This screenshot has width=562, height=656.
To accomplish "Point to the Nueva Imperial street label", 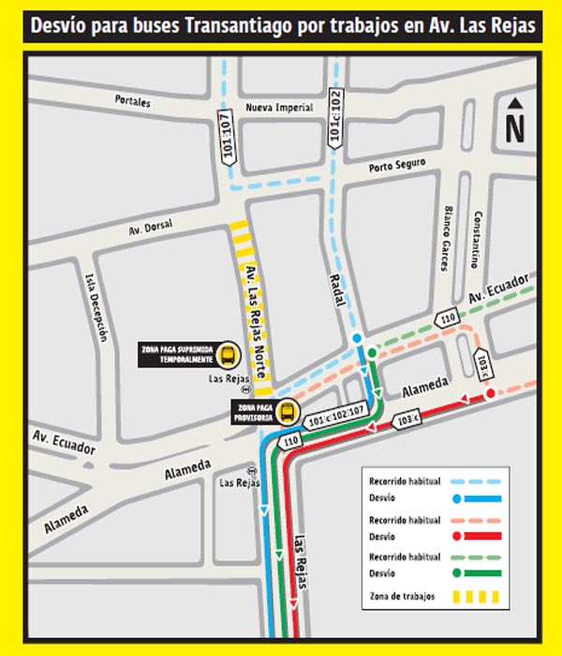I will [x=279, y=109].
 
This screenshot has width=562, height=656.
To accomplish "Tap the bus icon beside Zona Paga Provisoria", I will [x=287, y=411].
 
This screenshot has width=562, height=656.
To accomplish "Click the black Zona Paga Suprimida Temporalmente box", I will [x=177, y=354].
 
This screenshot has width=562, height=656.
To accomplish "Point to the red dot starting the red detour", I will [x=490, y=395].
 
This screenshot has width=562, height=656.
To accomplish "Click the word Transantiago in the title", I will [x=238, y=26].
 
